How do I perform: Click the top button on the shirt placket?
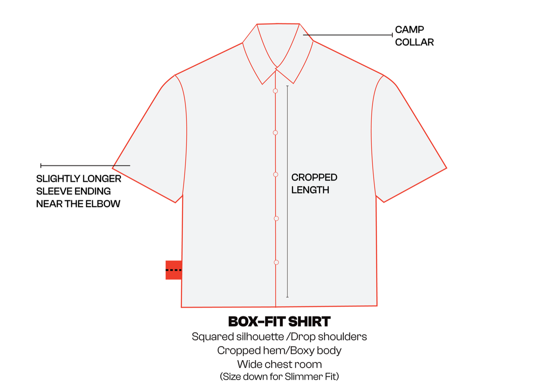coord(275,91)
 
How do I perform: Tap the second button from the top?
coord(275,133)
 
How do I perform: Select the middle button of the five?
coord(275,175)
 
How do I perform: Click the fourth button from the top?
coord(276,218)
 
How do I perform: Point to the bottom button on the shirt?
coord(276,263)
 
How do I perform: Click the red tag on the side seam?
coord(174,270)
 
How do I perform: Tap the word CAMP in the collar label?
coord(409,30)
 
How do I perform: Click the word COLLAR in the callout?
coord(415,42)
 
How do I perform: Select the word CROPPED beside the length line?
coord(314,177)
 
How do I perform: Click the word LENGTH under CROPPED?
coord(310,190)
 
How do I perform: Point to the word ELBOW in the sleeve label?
coord(103,204)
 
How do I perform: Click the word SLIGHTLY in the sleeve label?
coord(58,179)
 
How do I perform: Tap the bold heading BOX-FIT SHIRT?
coord(279,321)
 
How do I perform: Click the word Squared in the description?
coord(212,337)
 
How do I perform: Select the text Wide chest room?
coord(279,364)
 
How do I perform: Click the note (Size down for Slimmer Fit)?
coord(279,376)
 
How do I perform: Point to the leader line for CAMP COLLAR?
coord(348,35)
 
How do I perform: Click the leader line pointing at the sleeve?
coord(85,165)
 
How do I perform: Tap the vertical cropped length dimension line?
coord(287,191)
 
